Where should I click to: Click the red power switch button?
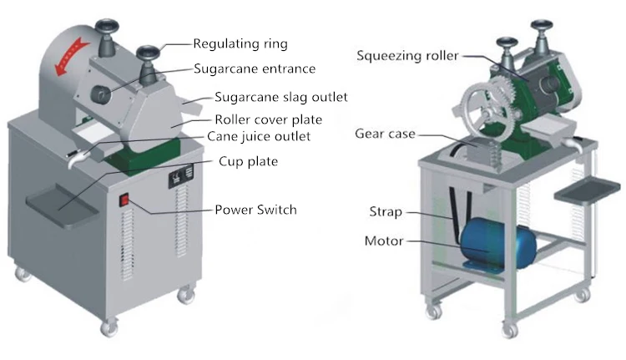point(125,200)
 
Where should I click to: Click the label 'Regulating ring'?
point(240,43)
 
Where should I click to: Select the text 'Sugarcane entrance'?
point(255,68)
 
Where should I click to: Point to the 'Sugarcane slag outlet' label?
point(281,97)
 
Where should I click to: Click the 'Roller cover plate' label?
point(268,119)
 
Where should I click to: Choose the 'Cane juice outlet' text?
point(259,136)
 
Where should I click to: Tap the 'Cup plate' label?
point(249,161)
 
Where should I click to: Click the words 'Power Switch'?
point(256,210)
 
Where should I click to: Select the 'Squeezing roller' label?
point(407,55)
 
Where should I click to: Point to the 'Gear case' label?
point(385,134)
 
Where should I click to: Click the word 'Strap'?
point(386,211)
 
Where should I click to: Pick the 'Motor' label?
point(384,241)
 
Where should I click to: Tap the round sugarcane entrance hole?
point(100,94)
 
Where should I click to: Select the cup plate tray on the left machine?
point(63,205)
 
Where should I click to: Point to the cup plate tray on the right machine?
point(587,191)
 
